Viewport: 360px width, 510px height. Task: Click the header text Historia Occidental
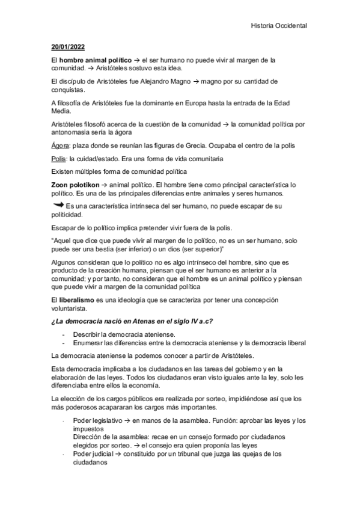point(278,26)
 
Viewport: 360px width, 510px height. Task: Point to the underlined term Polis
point(59,159)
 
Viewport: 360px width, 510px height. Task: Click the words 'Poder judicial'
point(94,454)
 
